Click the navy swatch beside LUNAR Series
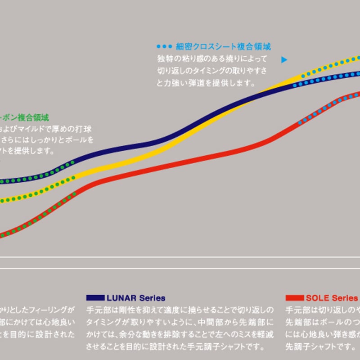pos(95,298)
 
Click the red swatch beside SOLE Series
pos(294,298)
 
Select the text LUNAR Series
pos(136,298)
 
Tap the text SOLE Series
pos(332,298)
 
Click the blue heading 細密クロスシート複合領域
pos(223,46)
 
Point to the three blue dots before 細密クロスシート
pos(164,46)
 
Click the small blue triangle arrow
pos(284,59)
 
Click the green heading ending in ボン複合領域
pos(24,118)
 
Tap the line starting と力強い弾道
pos(206,83)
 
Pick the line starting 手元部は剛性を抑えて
pos(180,310)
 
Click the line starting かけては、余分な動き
pos(180,335)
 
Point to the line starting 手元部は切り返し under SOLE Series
pos(322,310)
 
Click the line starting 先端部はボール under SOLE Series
pos(322,323)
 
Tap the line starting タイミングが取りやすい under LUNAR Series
pos(180,323)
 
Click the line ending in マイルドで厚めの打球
pos(45,129)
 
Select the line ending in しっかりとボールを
pos(47,140)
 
